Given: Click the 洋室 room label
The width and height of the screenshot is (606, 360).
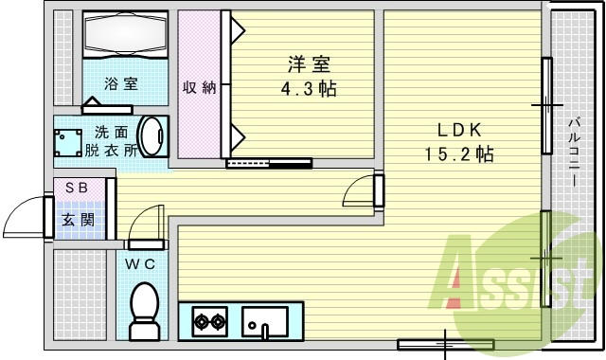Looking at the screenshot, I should [x=310, y=65].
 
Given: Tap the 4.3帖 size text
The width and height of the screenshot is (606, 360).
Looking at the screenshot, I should [x=310, y=90].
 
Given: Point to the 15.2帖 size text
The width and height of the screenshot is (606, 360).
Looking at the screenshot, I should [x=459, y=154].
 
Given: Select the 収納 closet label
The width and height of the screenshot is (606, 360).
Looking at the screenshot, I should [x=200, y=88].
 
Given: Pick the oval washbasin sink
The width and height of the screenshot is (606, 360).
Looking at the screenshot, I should [x=151, y=138].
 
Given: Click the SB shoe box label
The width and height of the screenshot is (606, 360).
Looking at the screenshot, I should [x=77, y=188].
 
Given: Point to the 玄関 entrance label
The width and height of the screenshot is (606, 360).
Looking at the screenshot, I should [x=77, y=220].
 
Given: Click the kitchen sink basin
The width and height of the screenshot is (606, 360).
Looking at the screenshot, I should [x=264, y=321].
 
